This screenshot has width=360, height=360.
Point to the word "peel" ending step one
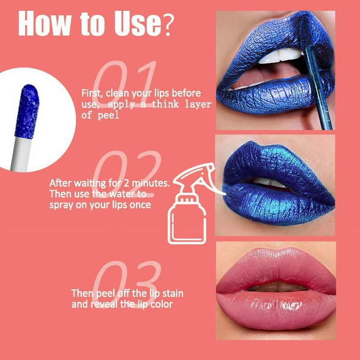coord(108,115)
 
